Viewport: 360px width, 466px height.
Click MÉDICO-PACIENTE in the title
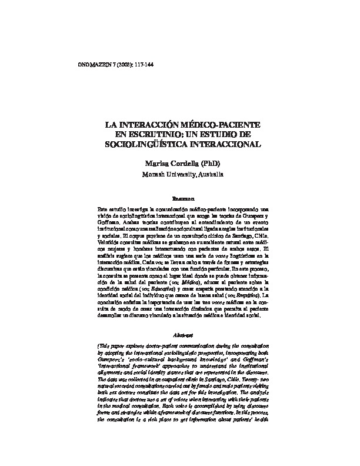[x=218, y=126]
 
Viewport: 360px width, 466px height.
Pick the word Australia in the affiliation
[x=208, y=175]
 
